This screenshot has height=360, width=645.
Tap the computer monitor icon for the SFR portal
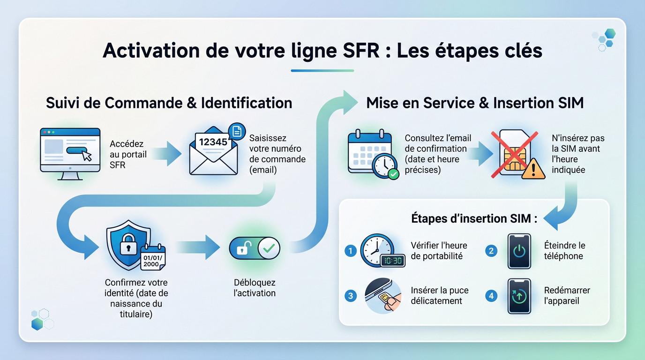click(x=70, y=153)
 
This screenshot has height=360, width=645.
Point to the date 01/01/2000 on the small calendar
click(x=151, y=260)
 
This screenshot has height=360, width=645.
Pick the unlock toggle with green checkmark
click(x=255, y=248)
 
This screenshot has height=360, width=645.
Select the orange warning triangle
click(x=533, y=168)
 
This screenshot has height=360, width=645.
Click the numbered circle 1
click(x=350, y=251)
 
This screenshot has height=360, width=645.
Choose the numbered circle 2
click(x=491, y=251)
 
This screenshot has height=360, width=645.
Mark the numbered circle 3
click(x=350, y=296)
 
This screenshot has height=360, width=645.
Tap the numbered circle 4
click(x=491, y=296)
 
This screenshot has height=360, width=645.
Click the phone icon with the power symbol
click(x=519, y=251)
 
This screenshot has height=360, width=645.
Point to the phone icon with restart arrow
click(x=519, y=296)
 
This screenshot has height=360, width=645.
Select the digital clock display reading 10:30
click(x=392, y=261)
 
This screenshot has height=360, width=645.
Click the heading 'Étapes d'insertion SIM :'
click(x=474, y=218)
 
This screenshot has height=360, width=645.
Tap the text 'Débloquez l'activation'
click(x=255, y=288)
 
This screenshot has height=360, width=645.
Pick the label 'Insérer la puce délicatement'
click(x=439, y=295)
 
